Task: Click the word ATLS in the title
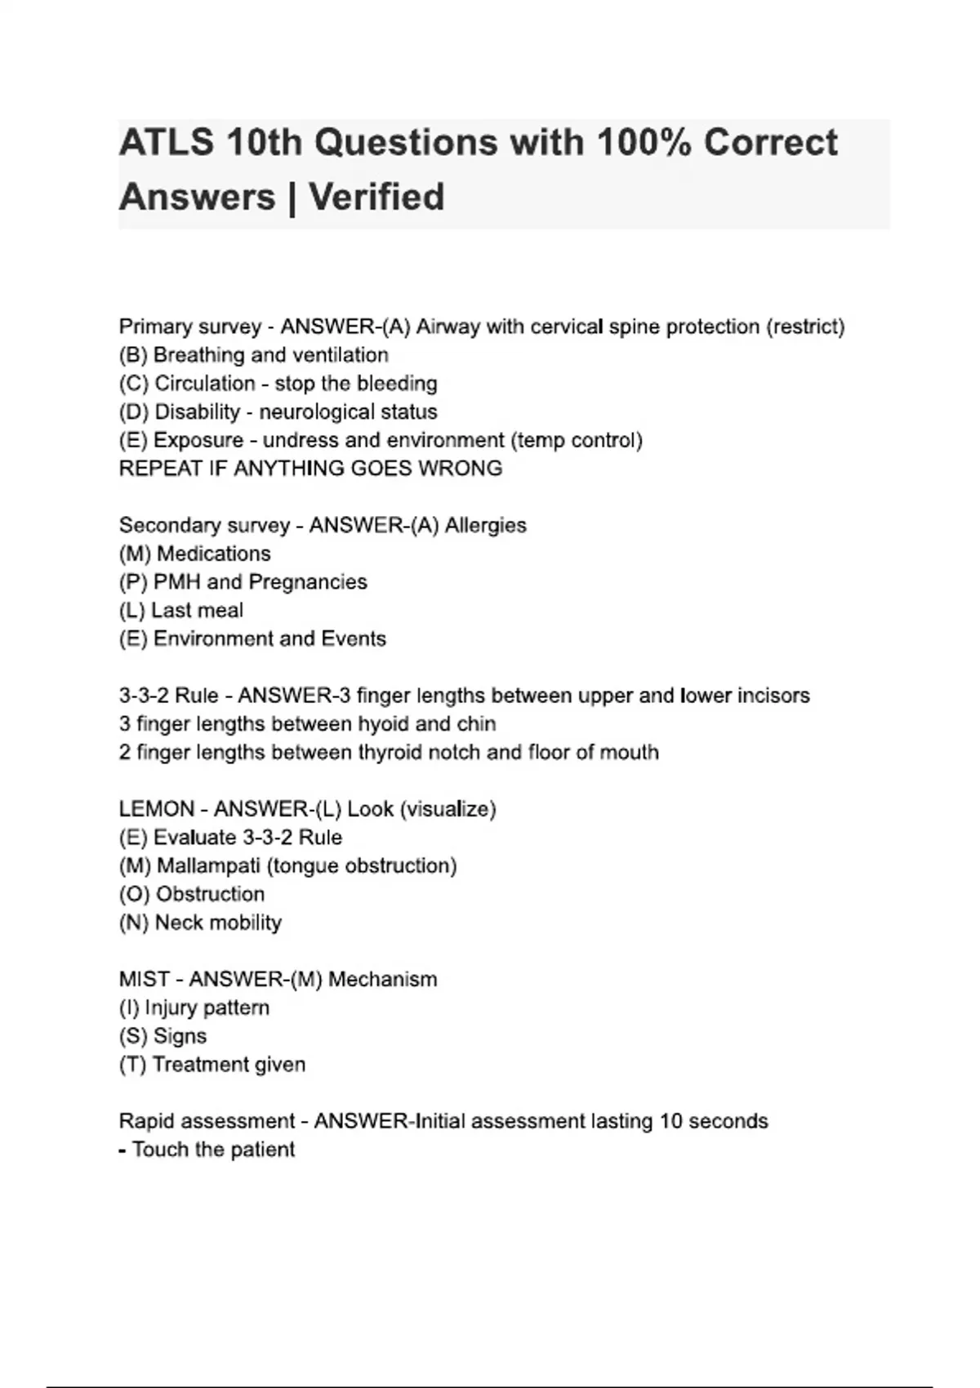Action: point(167,143)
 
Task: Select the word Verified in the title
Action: point(376,198)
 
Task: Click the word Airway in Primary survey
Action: point(448,327)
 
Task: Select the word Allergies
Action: point(485,525)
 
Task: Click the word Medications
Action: point(213,554)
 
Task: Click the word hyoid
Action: point(384,724)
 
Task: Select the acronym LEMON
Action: point(154,809)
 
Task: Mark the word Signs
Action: point(180,1036)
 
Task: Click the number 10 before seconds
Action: point(670,1121)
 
